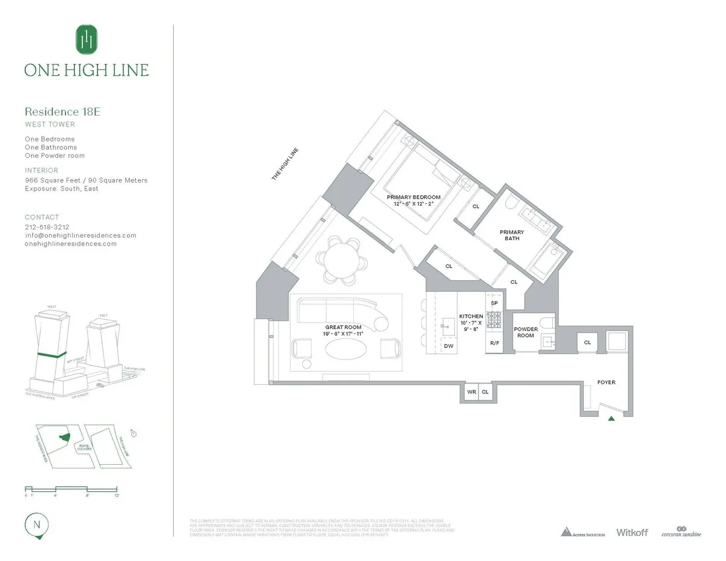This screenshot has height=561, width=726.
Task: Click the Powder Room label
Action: [x=526, y=332]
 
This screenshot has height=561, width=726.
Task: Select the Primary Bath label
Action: [x=511, y=235]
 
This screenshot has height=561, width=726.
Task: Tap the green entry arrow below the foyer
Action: [x=612, y=418]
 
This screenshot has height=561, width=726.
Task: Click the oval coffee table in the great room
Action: [x=345, y=349]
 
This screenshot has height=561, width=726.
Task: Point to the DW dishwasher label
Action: [x=448, y=346]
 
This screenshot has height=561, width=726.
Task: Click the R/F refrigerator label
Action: [x=494, y=343]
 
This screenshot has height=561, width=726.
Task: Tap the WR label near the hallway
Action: [x=471, y=392]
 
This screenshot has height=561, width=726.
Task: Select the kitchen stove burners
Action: [x=494, y=318]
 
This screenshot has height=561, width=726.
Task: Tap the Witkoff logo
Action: [x=632, y=532]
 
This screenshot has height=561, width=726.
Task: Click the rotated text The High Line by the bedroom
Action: [x=285, y=165]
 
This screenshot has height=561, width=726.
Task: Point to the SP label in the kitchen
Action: [x=494, y=303]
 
